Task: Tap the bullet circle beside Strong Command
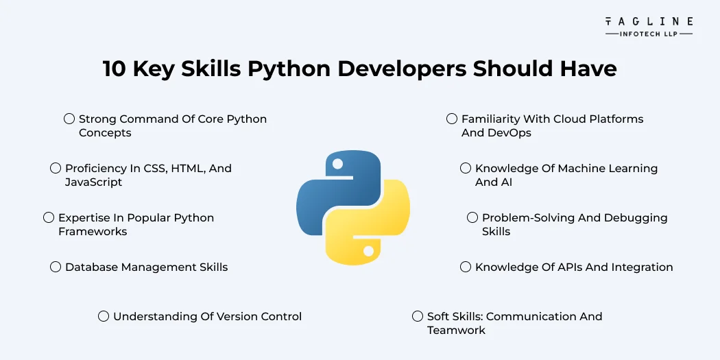(x=69, y=119)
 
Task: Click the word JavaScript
(x=93, y=182)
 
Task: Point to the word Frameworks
(x=93, y=232)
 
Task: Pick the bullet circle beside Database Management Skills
(x=56, y=267)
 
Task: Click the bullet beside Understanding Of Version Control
(x=104, y=316)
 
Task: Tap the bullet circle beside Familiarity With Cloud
(x=452, y=119)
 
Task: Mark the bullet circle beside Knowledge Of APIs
(x=466, y=267)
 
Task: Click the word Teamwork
(x=456, y=331)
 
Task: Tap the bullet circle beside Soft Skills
(x=418, y=316)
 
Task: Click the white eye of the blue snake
(x=336, y=163)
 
